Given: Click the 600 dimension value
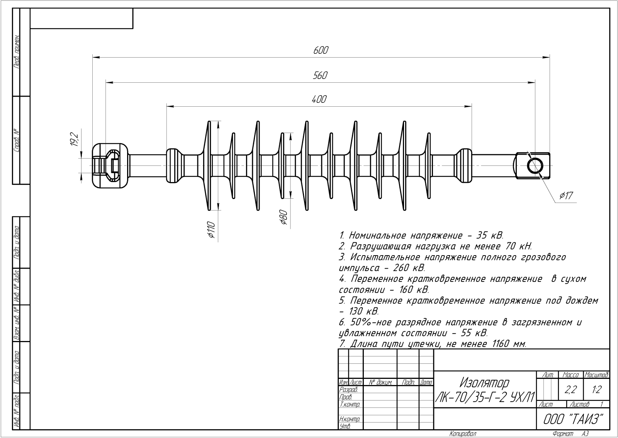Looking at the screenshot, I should click(x=321, y=50).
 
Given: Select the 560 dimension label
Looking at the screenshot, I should click(x=320, y=75).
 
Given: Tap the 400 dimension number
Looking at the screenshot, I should click(x=319, y=99).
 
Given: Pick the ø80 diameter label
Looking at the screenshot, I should click(x=283, y=217).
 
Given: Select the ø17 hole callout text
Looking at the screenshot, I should click(x=566, y=196).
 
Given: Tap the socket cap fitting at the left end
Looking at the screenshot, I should click(x=110, y=166).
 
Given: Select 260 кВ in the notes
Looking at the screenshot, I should click(x=409, y=268).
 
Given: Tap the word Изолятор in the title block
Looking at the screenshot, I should click(x=484, y=383).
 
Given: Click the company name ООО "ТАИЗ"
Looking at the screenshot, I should click(x=573, y=419).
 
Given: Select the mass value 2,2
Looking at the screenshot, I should click(x=570, y=390).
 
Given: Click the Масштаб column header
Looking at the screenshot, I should click(x=597, y=375).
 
